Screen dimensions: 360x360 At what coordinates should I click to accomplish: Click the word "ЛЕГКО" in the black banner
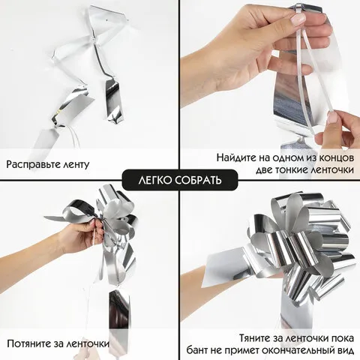pos(154,180)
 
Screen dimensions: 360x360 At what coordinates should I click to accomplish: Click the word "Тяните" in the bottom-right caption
pos(256,338)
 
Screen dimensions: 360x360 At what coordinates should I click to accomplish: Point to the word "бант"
pos(199,350)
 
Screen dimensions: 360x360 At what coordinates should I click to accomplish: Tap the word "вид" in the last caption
pos(345,350)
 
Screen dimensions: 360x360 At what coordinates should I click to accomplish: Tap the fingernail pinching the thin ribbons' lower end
pos(333,117)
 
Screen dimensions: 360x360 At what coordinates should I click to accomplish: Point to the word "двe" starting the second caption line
pos(265,170)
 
